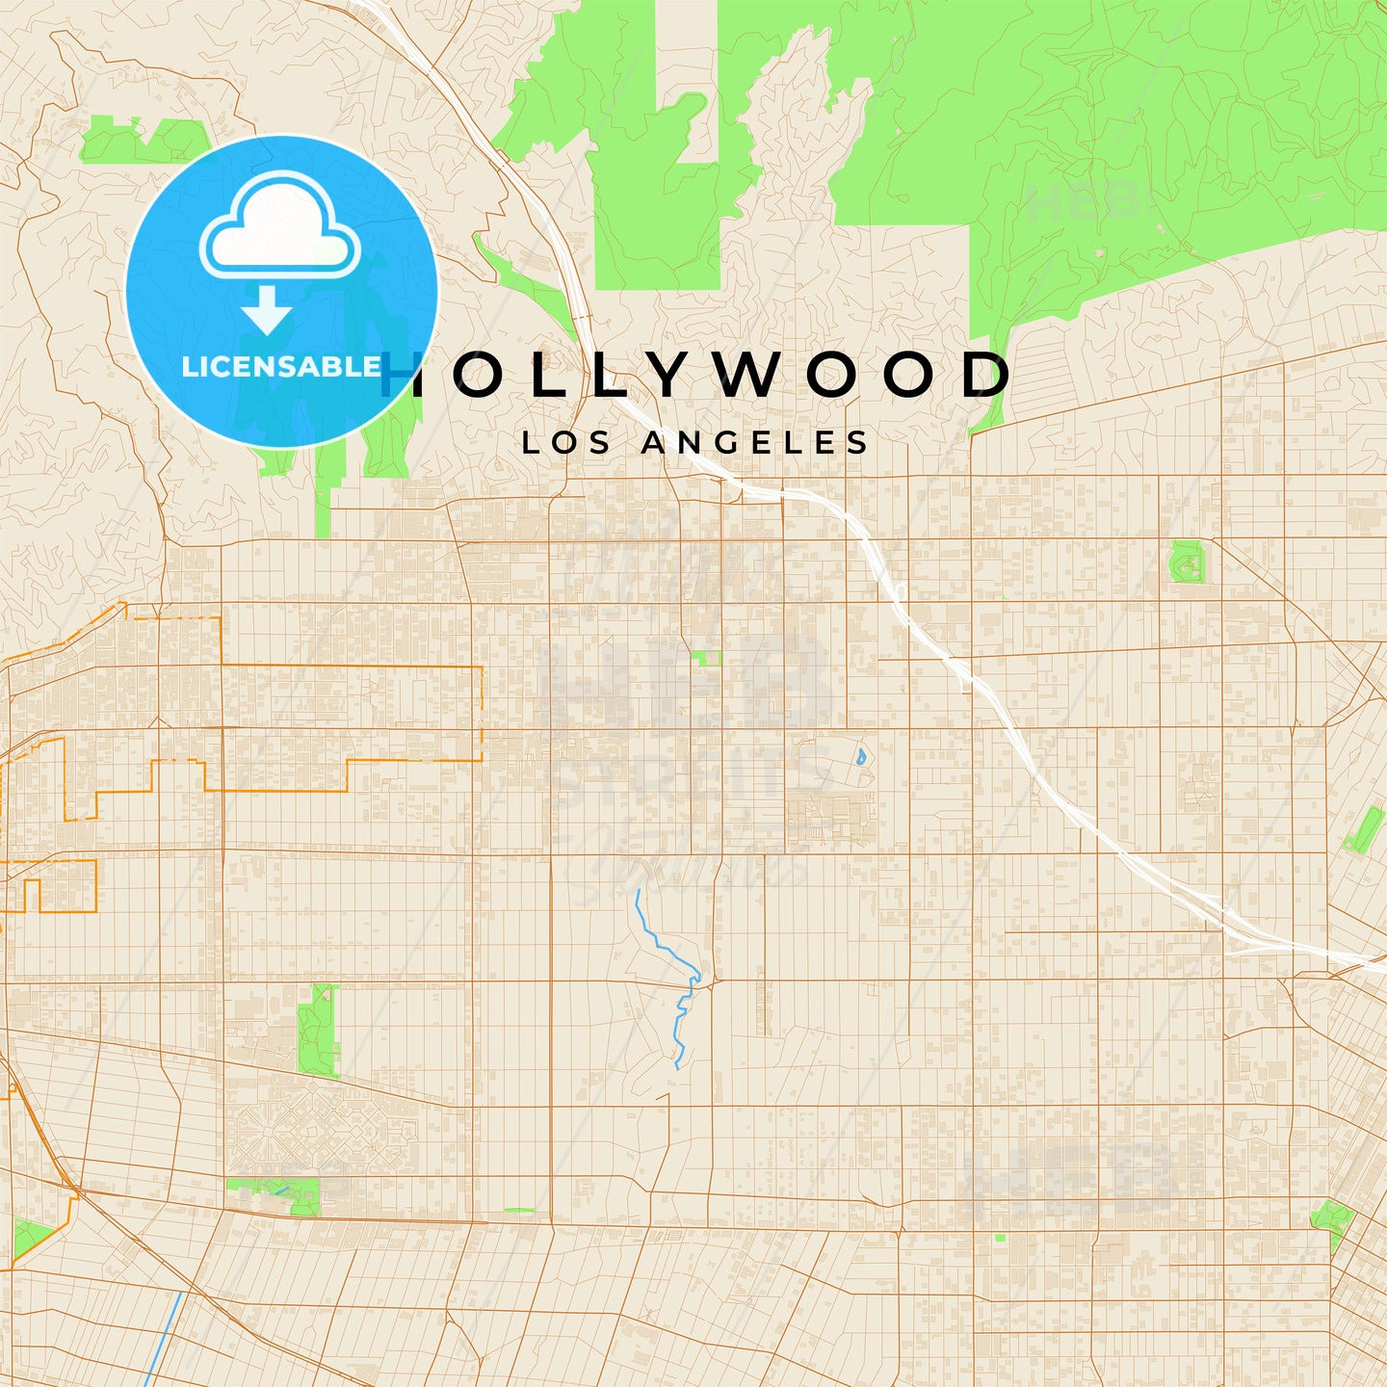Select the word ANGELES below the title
(755, 442)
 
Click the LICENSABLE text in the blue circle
(281, 367)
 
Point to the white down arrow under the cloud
(267, 309)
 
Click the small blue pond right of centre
(860, 756)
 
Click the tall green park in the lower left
(317, 1031)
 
